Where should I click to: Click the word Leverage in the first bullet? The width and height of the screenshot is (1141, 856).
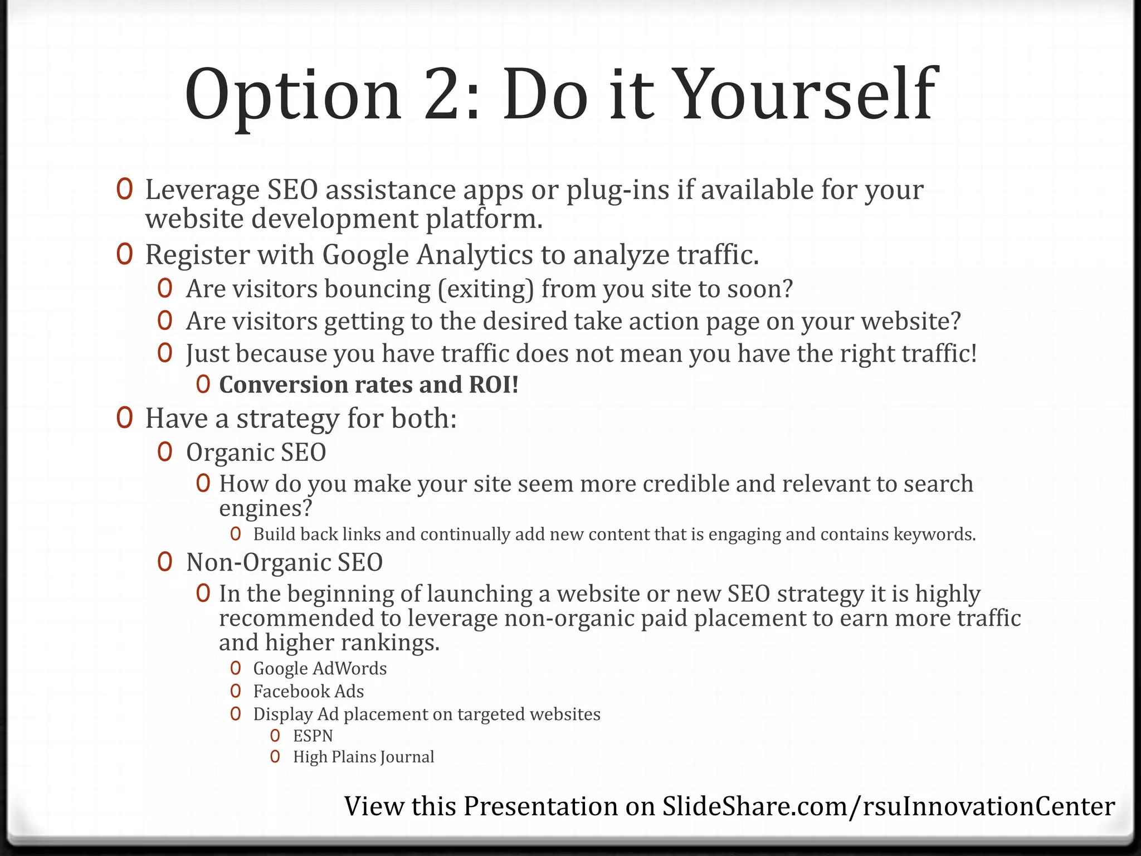[202, 190]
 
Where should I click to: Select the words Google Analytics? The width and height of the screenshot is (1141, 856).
[428, 255]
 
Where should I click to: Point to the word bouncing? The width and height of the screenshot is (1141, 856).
[377, 289]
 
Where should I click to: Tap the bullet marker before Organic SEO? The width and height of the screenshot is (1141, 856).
[165, 452]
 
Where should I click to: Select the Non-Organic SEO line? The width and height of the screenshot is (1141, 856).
[284, 562]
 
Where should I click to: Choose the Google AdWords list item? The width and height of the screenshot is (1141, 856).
[320, 669]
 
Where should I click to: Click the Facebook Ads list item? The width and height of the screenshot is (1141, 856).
[308, 692]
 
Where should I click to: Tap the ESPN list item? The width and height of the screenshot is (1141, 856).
[313, 736]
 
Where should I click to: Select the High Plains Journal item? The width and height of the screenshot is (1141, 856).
[363, 757]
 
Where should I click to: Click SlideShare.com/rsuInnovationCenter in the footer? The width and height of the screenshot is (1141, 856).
[888, 806]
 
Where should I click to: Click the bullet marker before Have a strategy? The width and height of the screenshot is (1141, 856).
[124, 418]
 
